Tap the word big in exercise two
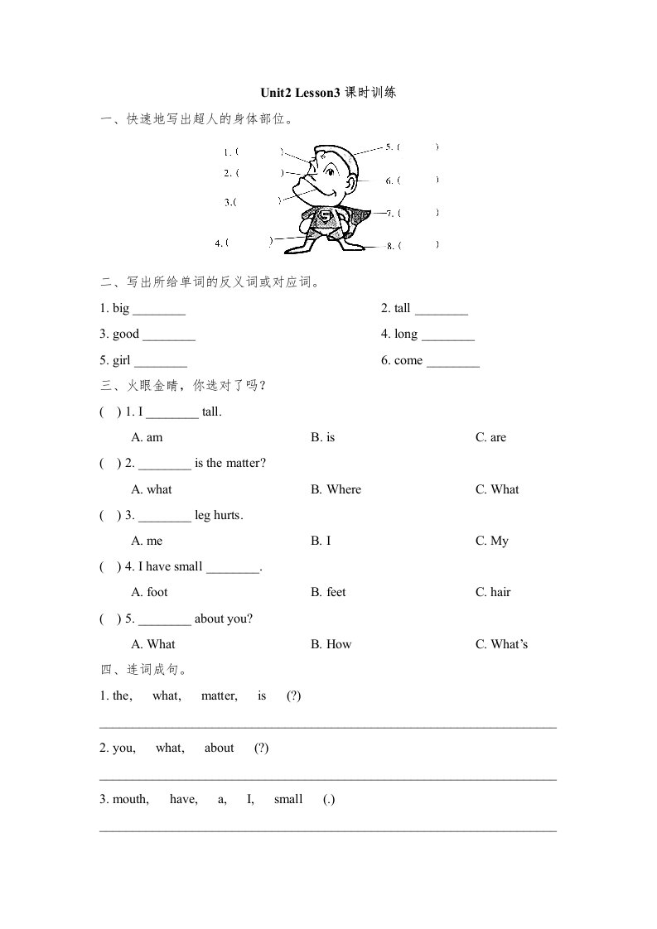(x=121, y=309)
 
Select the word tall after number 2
(x=403, y=309)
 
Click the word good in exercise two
(x=126, y=335)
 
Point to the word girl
(x=122, y=361)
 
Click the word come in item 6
(x=408, y=361)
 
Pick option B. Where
(x=336, y=489)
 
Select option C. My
(x=492, y=542)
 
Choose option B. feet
(x=329, y=593)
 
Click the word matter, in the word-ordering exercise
(x=220, y=696)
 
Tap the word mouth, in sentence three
(x=130, y=800)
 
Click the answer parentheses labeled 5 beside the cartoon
(x=418, y=147)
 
